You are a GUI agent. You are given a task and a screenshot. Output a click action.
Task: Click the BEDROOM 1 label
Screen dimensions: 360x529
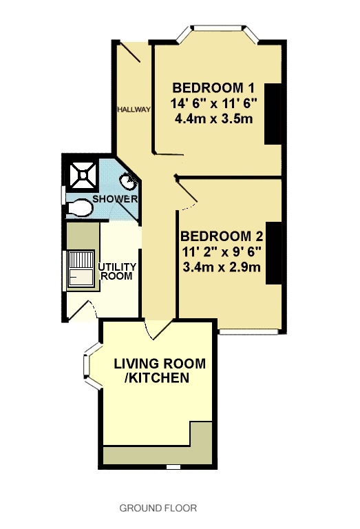pyautogui.click(x=213, y=87)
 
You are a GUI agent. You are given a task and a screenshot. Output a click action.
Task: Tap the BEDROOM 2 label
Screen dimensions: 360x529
pyautogui.click(x=222, y=236)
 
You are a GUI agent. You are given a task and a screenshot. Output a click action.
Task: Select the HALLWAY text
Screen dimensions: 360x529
pyautogui.click(x=134, y=110)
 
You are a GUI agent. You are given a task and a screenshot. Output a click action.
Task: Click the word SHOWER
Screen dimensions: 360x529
pyautogui.click(x=115, y=198)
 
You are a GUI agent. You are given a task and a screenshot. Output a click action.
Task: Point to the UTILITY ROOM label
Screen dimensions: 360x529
pyautogui.click(x=116, y=271)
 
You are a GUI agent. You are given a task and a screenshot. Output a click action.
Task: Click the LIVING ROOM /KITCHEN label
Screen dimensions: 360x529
pyautogui.click(x=160, y=371)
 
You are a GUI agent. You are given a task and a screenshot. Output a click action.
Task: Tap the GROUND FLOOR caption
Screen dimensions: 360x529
pyautogui.click(x=158, y=508)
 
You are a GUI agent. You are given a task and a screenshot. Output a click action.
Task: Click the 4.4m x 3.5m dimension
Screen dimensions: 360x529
pyautogui.click(x=213, y=118)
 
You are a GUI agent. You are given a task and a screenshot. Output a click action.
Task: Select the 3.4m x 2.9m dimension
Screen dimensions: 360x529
pyautogui.click(x=222, y=267)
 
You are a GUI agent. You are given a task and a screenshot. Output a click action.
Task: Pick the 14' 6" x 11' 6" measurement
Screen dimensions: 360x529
pyautogui.click(x=213, y=103)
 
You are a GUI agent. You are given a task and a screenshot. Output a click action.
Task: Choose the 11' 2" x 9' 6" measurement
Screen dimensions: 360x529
pyautogui.click(x=222, y=251)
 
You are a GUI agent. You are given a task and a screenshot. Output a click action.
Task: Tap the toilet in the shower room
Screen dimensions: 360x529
pyautogui.click(x=79, y=207)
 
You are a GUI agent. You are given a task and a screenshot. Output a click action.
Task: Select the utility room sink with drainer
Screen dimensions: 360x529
pyautogui.click(x=81, y=269)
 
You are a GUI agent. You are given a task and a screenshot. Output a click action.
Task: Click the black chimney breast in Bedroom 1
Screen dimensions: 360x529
pyautogui.click(x=273, y=114)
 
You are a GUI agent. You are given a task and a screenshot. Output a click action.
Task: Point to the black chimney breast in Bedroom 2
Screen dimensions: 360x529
pyautogui.click(x=274, y=253)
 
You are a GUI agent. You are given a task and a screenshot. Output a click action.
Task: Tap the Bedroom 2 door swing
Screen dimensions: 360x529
pyautogui.click(x=187, y=194)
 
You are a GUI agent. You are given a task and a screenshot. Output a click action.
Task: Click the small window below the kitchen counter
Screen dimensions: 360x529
pyautogui.click(x=173, y=467)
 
